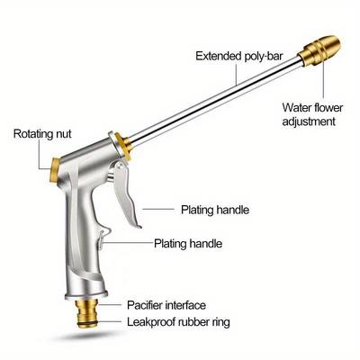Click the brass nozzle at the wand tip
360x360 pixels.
[x=319, y=51]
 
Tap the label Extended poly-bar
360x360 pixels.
[x=239, y=56]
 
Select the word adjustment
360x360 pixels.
[x=309, y=121]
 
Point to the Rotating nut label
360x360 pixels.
[x=42, y=134]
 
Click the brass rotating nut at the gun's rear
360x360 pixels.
[x=55, y=170]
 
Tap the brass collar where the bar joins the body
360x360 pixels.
[x=123, y=147]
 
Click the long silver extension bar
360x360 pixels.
[x=214, y=101]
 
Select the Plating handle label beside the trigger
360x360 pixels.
[x=215, y=210]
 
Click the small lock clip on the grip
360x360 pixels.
[x=103, y=238]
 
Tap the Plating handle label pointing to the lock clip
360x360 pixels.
[x=188, y=243]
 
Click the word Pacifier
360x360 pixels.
[x=145, y=305]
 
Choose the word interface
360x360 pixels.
[x=186, y=305]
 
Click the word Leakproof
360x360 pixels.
[x=151, y=322]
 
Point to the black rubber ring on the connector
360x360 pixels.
[x=87, y=322]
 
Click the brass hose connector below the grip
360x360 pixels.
[x=86, y=312]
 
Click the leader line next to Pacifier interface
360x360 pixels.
[x=110, y=305]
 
